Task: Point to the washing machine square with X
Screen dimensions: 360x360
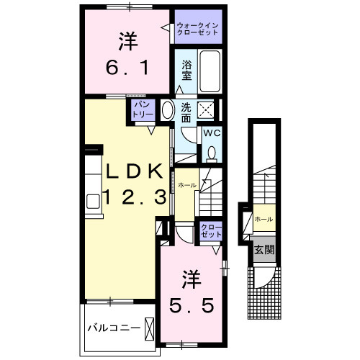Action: coord(206,111)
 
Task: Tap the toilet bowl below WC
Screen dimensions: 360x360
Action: coord(212,153)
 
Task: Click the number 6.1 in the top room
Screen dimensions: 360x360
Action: coord(128,69)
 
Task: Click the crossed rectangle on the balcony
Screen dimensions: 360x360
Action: coord(149,328)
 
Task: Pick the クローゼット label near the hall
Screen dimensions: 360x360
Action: coord(211,231)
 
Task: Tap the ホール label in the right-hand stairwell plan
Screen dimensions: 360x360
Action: coord(263,219)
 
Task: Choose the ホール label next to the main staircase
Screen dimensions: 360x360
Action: coord(186,185)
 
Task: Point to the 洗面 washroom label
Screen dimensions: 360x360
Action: coord(186,111)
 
